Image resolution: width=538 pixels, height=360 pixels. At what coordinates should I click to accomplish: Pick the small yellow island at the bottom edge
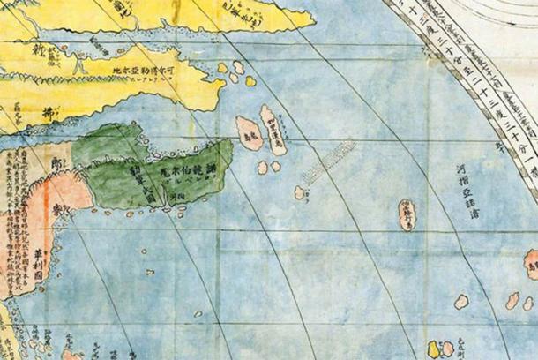(x=433, y=350)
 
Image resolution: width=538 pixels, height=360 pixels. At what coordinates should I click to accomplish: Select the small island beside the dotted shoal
(x=301, y=191)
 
